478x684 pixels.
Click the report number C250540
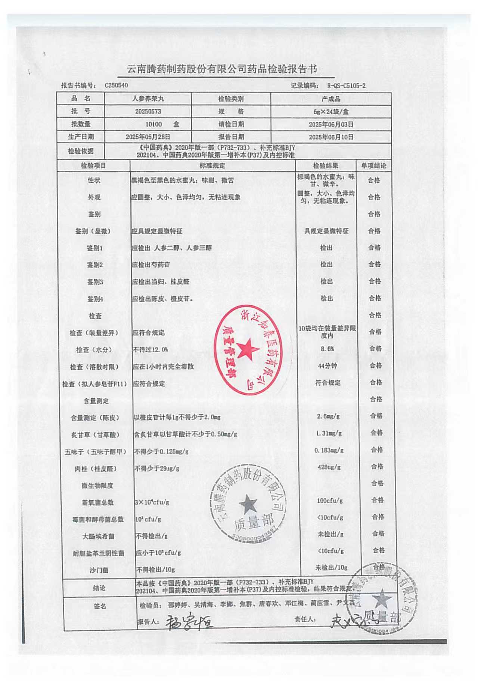116,85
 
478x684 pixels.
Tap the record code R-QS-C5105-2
346,85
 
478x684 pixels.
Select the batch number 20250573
148,111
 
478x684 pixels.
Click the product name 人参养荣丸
148,99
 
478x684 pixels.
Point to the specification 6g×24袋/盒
331,111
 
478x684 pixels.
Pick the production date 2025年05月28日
148,137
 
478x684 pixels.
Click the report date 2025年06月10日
331,137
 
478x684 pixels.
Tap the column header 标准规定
212,165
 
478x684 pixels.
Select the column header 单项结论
373,165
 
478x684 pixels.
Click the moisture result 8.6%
327,349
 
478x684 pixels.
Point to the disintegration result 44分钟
328,366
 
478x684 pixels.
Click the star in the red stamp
247,349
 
